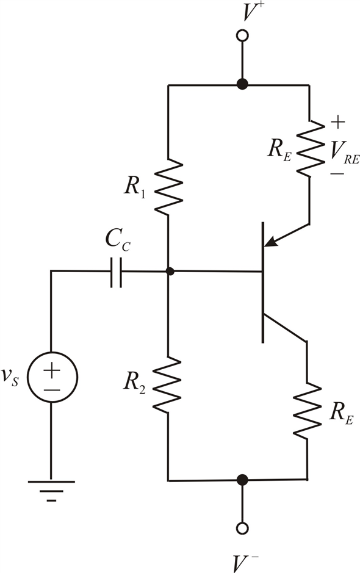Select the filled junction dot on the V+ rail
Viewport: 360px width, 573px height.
click(242, 84)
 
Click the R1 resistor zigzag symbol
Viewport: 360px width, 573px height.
click(168, 187)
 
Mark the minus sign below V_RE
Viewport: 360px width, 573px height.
click(337, 173)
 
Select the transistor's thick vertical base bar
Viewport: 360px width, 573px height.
click(263, 282)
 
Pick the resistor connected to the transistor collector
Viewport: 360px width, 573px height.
click(307, 409)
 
